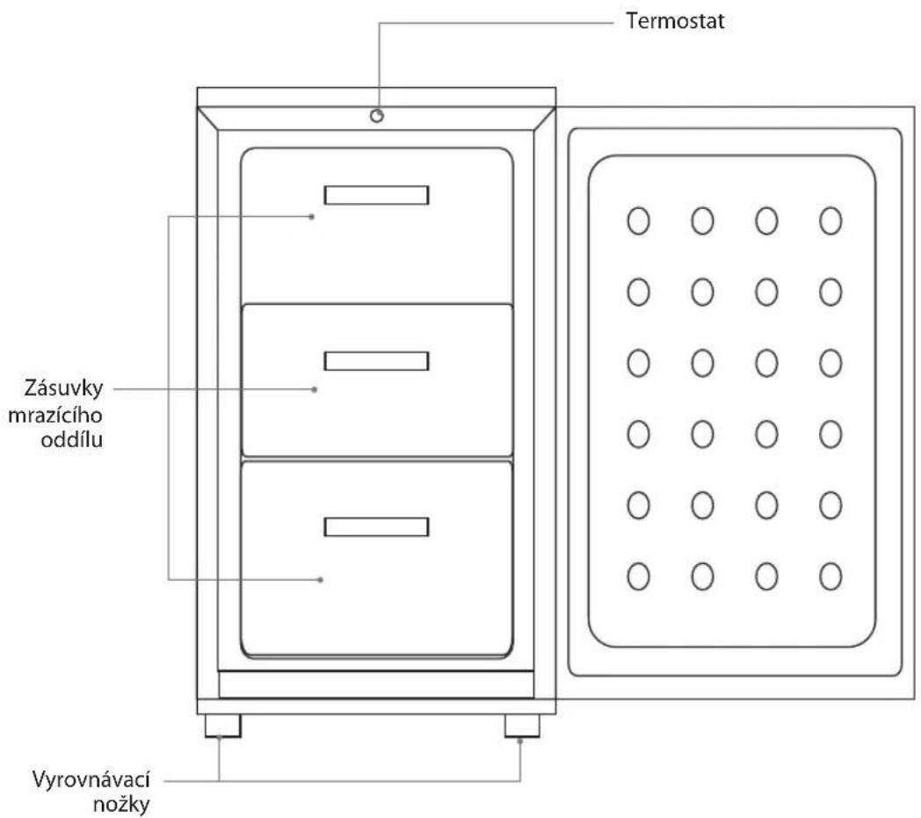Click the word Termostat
coord(675,21)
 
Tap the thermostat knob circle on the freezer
coord(377,115)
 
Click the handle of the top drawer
coord(376,195)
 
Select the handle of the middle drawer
coord(376,361)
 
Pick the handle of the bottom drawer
coord(376,527)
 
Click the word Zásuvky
coord(63,388)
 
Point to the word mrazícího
coord(55,416)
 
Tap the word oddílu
coord(72,439)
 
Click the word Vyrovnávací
coord(91,780)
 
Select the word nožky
coord(121,805)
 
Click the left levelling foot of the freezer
coord(222,726)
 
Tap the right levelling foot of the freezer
coord(522,726)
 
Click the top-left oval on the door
coord(639,221)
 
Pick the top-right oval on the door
coord(830,221)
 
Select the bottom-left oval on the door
coord(639,576)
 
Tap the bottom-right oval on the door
coord(830,576)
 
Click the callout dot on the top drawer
coord(312,217)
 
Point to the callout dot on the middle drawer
coord(315,389)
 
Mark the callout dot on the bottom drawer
coord(320,580)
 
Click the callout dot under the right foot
coord(520,741)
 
